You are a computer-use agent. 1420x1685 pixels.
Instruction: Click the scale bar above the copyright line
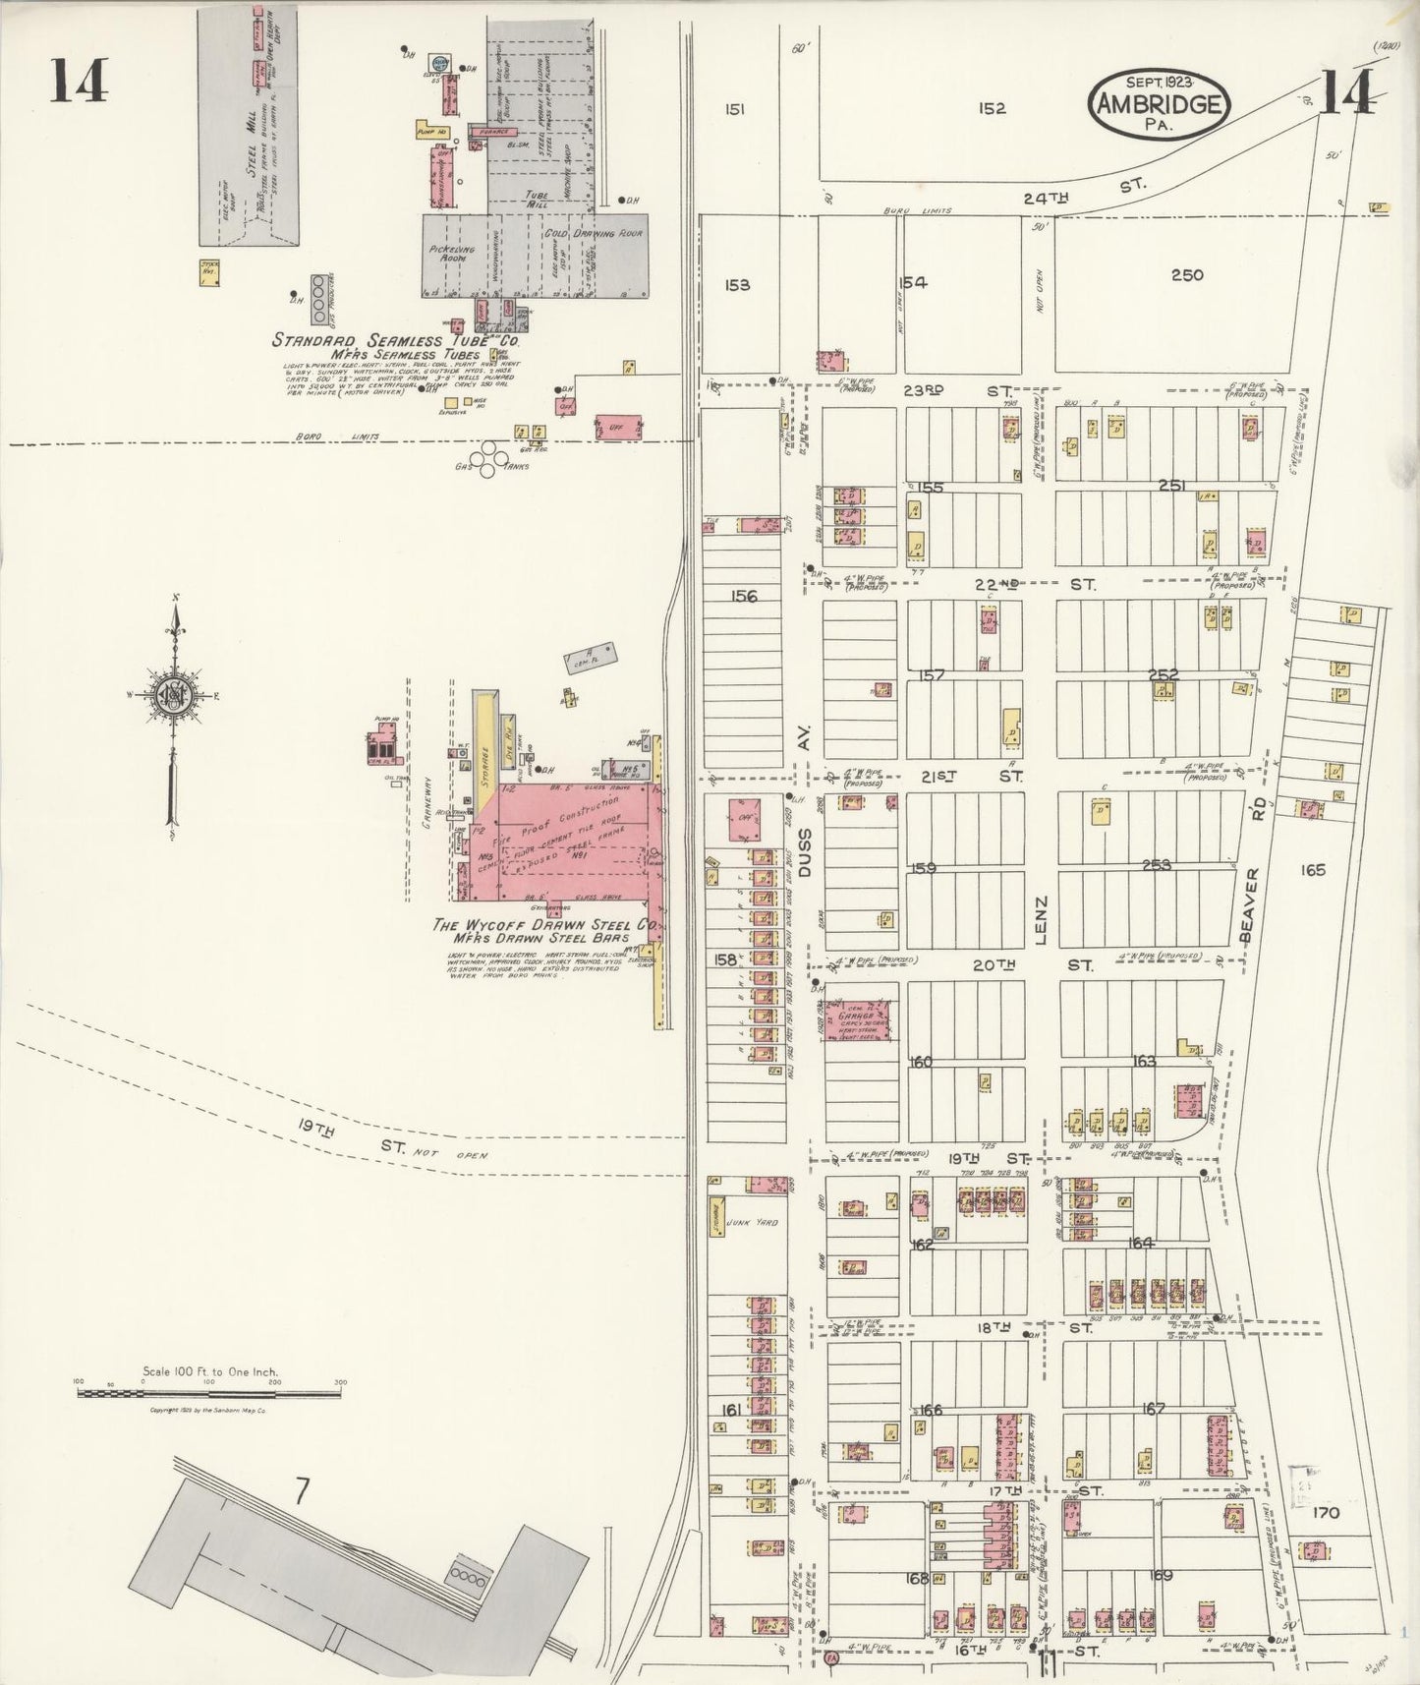pyautogui.click(x=211, y=1393)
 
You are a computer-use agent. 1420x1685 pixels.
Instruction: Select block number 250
pyautogui.click(x=1187, y=275)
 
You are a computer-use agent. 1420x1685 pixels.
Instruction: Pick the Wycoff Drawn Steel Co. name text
pyautogui.click(x=545, y=925)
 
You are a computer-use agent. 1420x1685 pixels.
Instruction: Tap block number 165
pyautogui.click(x=1313, y=870)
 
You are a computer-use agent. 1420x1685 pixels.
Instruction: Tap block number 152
pyautogui.click(x=993, y=108)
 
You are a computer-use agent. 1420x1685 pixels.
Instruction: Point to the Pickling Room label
pyautogui.click(x=452, y=254)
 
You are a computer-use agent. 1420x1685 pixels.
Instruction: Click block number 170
pyautogui.click(x=1326, y=1512)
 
